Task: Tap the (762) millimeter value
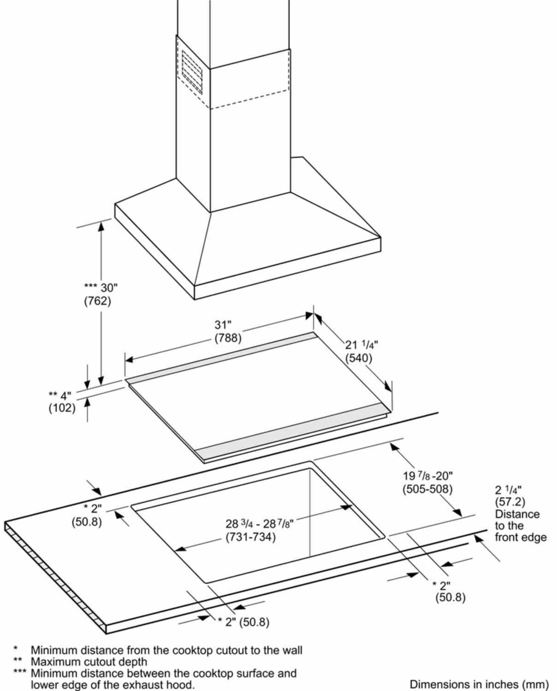[97, 301]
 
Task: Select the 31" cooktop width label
[223, 325]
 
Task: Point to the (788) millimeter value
[228, 338]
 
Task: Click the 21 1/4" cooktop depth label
[361, 344]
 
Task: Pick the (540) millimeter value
[359, 357]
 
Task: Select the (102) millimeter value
[62, 408]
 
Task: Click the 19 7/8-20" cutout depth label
[428, 476]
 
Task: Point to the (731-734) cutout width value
[250, 537]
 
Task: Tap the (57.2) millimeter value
[510, 502]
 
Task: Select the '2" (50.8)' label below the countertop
[244, 622]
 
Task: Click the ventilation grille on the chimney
[192, 71]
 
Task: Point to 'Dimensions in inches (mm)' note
[479, 684]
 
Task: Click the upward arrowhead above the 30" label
[101, 225]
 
